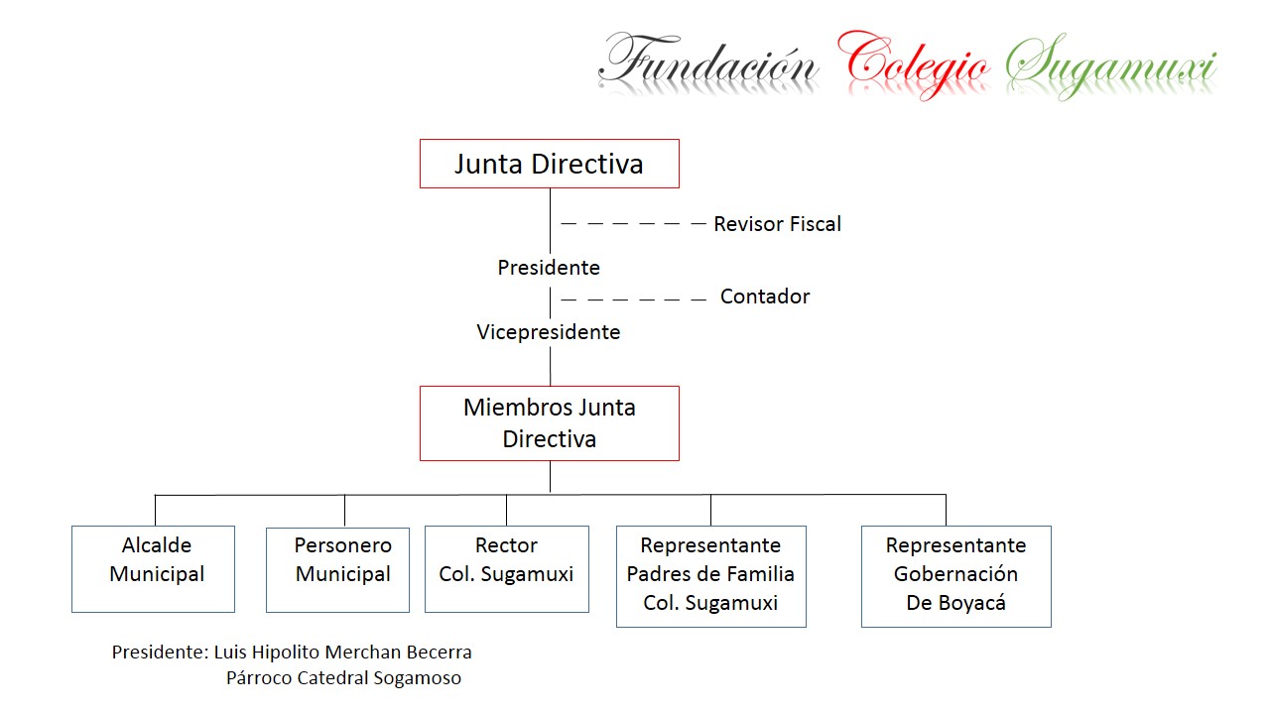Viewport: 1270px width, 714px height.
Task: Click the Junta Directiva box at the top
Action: (549, 164)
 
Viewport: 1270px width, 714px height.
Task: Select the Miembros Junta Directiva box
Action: (549, 423)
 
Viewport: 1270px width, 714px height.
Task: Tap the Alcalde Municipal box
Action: (153, 568)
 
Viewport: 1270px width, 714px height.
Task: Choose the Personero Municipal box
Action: (337, 569)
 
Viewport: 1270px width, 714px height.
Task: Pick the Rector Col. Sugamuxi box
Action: (506, 568)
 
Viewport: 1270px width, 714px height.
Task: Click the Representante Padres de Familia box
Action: (710, 576)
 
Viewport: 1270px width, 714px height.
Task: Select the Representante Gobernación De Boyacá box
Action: (955, 576)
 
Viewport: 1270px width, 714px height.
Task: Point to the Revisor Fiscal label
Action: (777, 224)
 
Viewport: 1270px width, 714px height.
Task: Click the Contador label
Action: (765, 297)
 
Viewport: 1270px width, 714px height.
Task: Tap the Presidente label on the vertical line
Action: (549, 268)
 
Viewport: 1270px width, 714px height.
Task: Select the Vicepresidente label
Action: (549, 332)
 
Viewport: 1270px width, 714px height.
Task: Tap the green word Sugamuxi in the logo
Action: (1110, 65)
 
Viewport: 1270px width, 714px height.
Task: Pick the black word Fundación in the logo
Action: (708, 63)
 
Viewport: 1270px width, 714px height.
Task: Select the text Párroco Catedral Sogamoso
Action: (343, 678)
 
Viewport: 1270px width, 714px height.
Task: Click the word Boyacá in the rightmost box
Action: (972, 603)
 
